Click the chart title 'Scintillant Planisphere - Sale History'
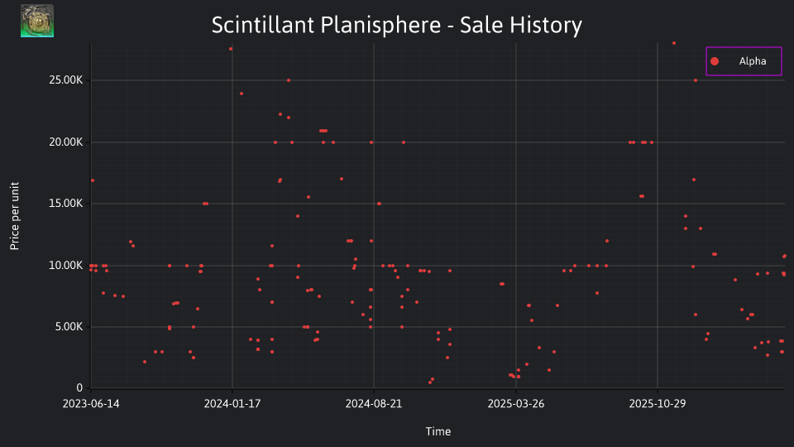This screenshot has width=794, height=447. (x=396, y=25)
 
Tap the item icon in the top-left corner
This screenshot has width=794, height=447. (x=37, y=21)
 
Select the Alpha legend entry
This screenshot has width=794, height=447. (x=744, y=61)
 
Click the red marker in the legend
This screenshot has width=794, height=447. (x=715, y=61)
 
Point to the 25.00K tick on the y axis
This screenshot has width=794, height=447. (x=66, y=80)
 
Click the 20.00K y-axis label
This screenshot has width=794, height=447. (x=66, y=142)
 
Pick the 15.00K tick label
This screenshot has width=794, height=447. (x=66, y=204)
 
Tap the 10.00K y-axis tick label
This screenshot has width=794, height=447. (x=66, y=265)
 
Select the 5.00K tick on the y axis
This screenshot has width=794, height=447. (x=69, y=327)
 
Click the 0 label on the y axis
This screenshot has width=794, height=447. (x=79, y=387)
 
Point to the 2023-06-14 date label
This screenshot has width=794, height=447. (x=91, y=403)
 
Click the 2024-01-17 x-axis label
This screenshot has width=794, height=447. (x=232, y=403)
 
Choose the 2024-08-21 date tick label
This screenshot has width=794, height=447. (x=374, y=403)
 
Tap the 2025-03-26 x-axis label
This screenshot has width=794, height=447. (x=516, y=403)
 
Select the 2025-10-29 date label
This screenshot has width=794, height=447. (x=658, y=403)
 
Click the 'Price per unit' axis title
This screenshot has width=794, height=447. (x=15, y=216)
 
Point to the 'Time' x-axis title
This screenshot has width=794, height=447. (x=438, y=431)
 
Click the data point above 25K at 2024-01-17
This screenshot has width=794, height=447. (x=231, y=49)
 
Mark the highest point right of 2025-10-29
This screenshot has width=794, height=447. (x=674, y=43)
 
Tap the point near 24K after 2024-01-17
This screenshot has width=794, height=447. (x=242, y=94)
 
